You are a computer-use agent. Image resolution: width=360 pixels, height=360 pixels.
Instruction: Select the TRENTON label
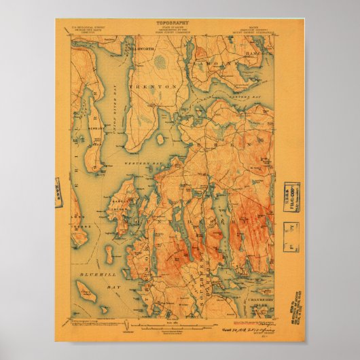click(x=157, y=87)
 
